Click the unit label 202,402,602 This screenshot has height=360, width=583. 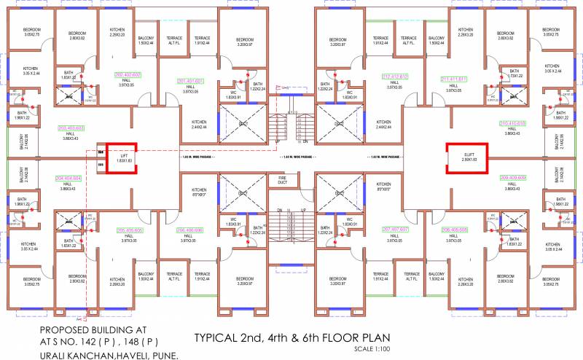pos(128,75)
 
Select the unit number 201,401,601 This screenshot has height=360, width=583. pos(190,81)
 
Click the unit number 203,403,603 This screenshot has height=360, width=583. pos(70,128)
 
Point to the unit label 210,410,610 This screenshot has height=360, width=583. pos(512,123)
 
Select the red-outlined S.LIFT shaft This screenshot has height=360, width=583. pos(464,157)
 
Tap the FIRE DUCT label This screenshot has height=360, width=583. pos(282,179)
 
